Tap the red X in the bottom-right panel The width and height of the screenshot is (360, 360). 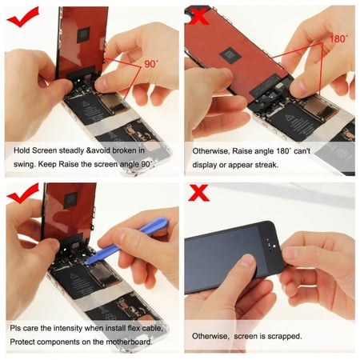(198, 193)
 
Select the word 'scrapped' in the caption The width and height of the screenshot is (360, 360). (282, 336)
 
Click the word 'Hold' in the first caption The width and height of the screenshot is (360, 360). (24, 150)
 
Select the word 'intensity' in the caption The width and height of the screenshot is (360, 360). (78, 328)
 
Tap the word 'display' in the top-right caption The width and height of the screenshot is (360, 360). (207, 165)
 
